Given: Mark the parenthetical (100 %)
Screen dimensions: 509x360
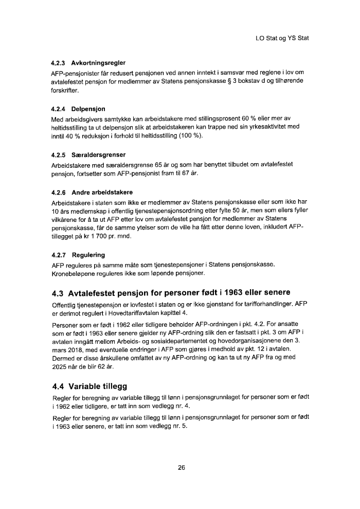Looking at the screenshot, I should point(190,136).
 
